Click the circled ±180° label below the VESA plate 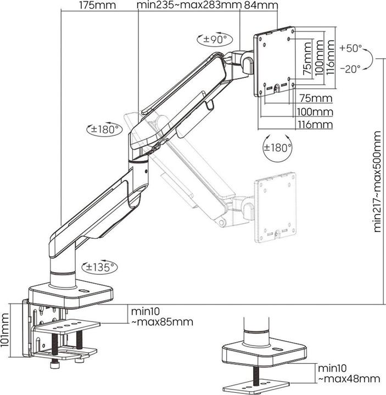click(277, 148)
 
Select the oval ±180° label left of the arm click(104, 129)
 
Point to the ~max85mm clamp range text click(162, 321)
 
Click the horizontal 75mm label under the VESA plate click(316, 99)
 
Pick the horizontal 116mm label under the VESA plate click(315, 125)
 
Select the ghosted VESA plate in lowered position click(276, 206)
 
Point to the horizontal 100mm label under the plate click(316, 112)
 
